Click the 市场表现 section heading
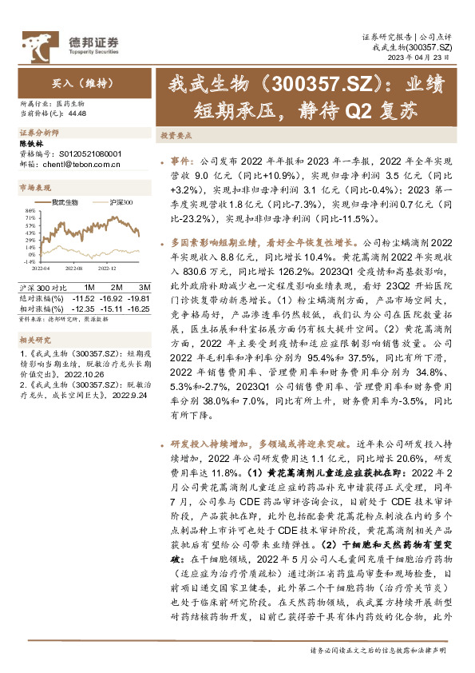(34, 187)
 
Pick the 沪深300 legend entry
(120, 203)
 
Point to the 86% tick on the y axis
(29, 209)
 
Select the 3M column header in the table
(144, 286)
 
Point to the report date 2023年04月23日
(426, 58)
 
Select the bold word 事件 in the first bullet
(181, 160)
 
